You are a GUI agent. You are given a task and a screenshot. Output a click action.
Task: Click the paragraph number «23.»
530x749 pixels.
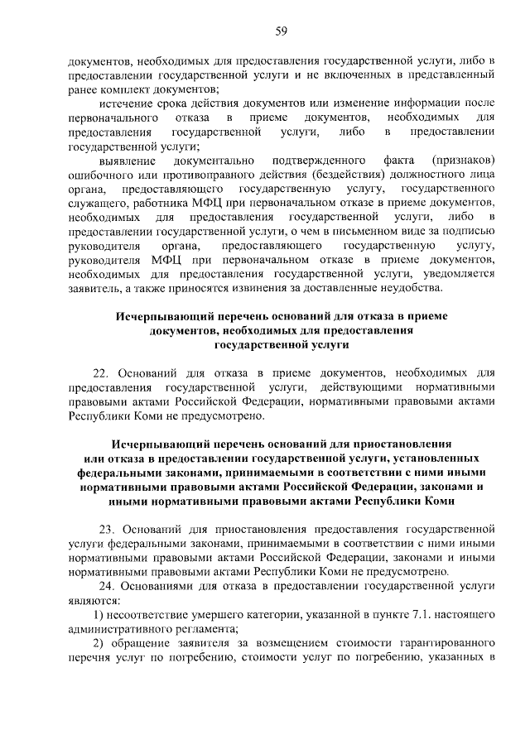pyautogui.click(x=108, y=526)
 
